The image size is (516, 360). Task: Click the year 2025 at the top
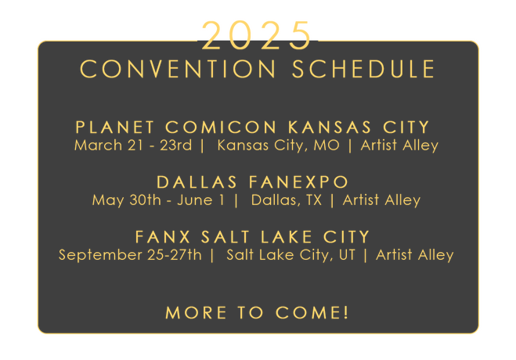click(256, 35)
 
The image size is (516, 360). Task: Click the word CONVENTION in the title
click(178, 69)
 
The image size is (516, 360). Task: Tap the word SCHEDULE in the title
click(364, 69)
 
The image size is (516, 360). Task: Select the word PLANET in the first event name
click(115, 128)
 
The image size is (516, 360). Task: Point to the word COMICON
click(221, 128)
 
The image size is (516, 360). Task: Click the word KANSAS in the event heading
click(330, 128)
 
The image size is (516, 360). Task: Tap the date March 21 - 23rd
click(133, 146)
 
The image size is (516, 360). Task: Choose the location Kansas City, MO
click(279, 146)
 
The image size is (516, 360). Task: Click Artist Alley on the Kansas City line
click(399, 146)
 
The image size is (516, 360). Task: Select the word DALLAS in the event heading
click(197, 182)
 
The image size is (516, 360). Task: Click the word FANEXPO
click(298, 182)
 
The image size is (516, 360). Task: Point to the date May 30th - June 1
click(158, 200)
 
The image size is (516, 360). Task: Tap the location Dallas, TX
click(287, 200)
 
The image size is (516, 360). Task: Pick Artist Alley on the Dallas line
click(382, 200)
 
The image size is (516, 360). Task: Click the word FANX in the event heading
click(163, 237)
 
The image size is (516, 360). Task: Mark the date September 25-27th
click(130, 255)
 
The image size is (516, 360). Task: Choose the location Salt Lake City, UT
click(291, 255)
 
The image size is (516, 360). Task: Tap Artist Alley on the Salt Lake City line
click(415, 255)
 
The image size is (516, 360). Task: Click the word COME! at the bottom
click(312, 312)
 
